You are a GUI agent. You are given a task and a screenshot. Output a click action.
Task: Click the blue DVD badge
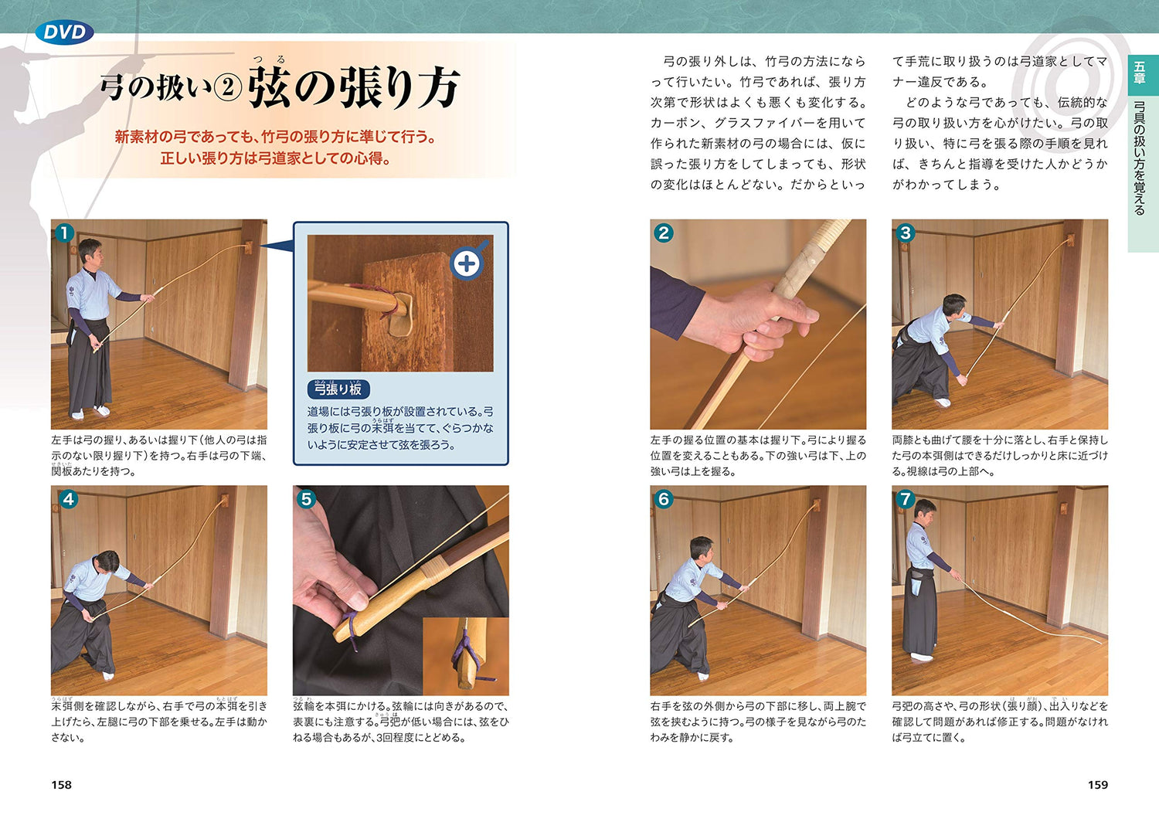click(x=64, y=32)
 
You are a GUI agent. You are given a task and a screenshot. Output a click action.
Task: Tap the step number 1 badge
click(x=64, y=233)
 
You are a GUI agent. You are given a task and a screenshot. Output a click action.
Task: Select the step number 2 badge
click(x=663, y=233)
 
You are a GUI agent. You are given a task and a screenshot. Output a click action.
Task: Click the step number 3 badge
click(x=905, y=233)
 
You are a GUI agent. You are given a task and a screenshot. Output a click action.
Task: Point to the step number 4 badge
click(x=68, y=499)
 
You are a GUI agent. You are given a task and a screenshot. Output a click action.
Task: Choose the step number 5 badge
click(x=307, y=499)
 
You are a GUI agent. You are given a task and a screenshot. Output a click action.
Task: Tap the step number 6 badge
click(x=663, y=499)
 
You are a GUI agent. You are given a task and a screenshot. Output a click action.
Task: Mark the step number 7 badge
click(x=905, y=499)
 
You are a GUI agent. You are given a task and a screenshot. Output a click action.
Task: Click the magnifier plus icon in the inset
click(x=467, y=263)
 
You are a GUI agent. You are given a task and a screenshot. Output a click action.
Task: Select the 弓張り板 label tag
click(x=338, y=389)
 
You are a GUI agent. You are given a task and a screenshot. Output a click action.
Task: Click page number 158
click(x=61, y=785)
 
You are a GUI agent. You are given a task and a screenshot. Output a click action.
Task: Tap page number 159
click(x=1097, y=785)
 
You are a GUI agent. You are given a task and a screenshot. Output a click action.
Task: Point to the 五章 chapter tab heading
click(x=1140, y=73)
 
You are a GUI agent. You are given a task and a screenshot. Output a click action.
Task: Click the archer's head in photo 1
click(x=90, y=251)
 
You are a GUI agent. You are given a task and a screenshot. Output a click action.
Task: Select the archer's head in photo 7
click(x=926, y=511)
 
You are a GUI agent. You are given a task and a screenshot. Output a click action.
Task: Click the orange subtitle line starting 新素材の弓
click(x=276, y=137)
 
